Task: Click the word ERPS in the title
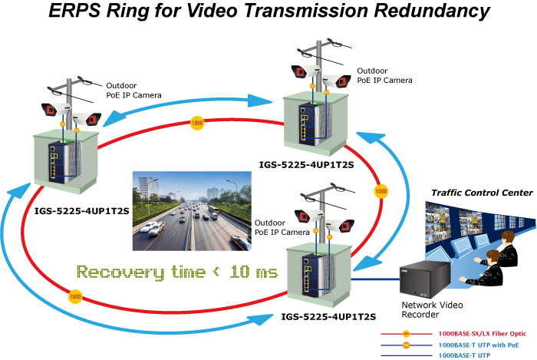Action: [74, 10]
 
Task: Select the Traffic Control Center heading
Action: [483, 193]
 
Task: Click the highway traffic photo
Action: [192, 211]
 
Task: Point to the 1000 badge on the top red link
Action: [197, 123]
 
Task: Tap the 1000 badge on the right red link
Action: [381, 191]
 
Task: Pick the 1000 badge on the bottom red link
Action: [75, 296]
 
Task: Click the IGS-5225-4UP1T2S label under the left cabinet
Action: [82, 211]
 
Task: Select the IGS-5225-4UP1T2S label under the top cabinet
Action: [307, 165]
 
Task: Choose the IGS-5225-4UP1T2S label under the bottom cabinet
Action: [328, 316]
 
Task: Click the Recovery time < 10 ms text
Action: [177, 272]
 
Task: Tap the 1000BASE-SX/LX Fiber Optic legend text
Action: [483, 334]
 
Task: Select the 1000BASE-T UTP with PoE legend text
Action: [479, 345]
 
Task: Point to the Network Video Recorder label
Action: [432, 309]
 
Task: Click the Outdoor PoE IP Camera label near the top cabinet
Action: [384, 75]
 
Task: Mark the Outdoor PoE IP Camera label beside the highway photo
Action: [282, 227]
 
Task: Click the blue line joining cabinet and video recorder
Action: [376, 279]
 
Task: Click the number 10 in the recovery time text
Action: [239, 272]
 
